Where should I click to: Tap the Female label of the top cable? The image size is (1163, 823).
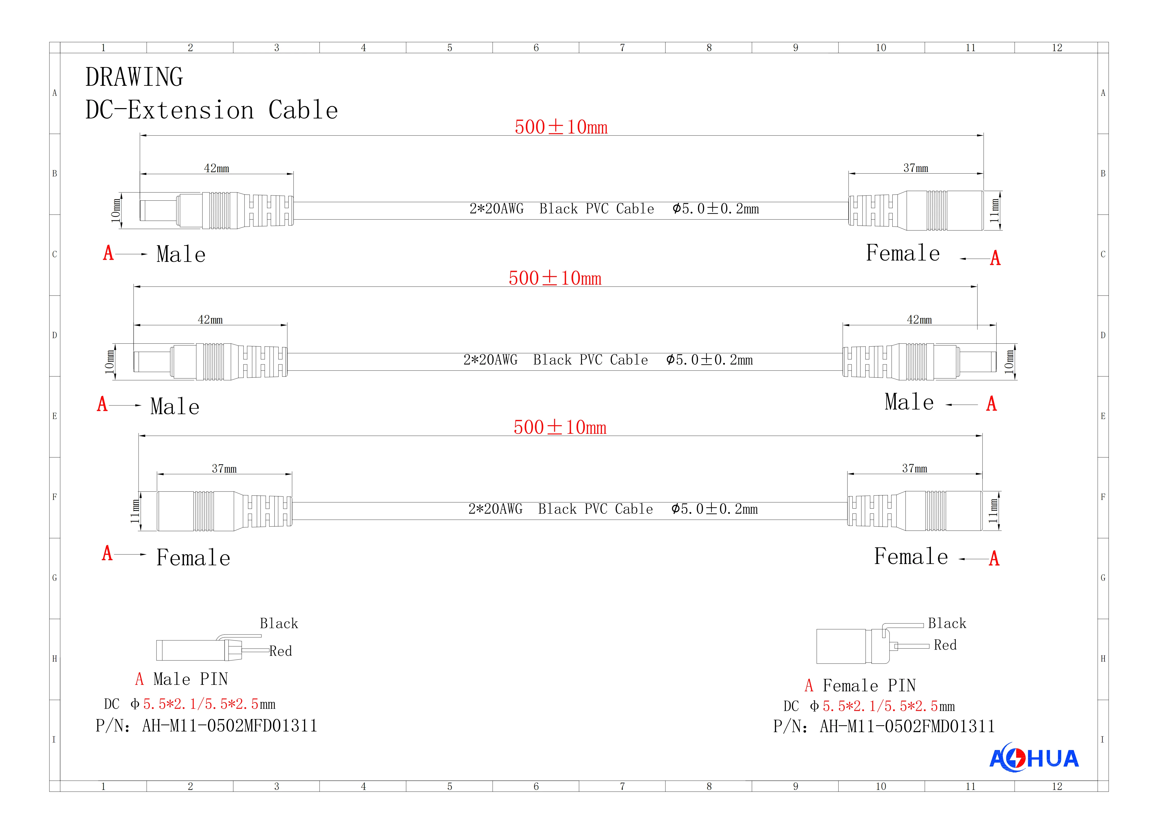903,253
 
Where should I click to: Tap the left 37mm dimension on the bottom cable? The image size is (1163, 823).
224,469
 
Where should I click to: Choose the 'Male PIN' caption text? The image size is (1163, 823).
190,679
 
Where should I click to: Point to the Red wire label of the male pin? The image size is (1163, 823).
281,651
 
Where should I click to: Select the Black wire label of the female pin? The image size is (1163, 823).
947,623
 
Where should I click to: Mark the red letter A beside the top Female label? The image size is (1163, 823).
995,258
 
